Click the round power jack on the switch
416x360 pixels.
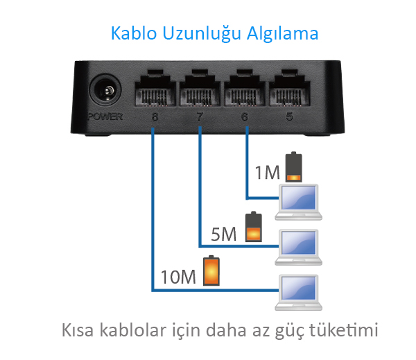point(105,90)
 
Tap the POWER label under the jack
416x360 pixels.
point(105,117)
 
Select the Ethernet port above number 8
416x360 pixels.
point(155,88)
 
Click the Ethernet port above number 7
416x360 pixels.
point(200,88)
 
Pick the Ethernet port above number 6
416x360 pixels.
point(245,88)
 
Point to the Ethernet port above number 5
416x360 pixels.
point(289,88)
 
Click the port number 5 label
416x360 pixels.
point(289,117)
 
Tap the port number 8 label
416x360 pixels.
point(155,117)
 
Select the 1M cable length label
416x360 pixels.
point(267,173)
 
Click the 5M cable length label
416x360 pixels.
point(224,234)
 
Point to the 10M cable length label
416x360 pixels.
point(178,277)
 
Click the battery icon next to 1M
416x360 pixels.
point(294,166)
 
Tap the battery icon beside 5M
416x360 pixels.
point(254,227)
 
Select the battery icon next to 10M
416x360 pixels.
point(211,271)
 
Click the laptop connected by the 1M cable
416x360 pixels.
point(299,202)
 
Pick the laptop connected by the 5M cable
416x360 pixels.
point(299,247)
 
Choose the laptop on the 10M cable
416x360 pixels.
point(299,292)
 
